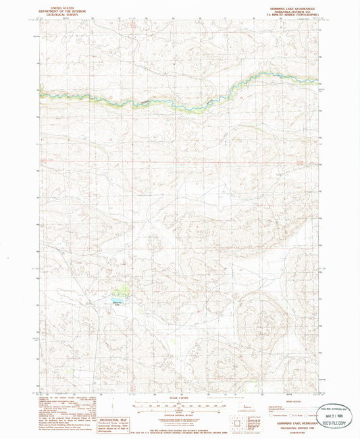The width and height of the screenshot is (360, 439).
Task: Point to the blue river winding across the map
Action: click(182, 107)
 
